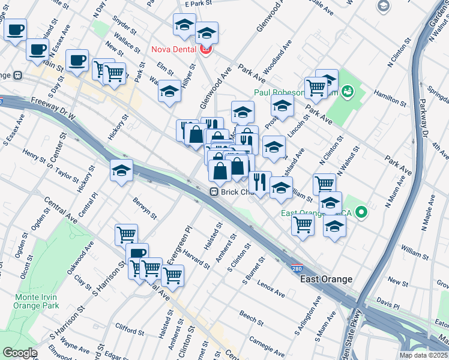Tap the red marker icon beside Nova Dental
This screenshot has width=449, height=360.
click(206, 49)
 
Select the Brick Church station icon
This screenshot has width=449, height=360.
click(213, 191)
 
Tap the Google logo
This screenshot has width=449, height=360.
click(20, 353)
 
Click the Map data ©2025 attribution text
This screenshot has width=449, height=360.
click(423, 355)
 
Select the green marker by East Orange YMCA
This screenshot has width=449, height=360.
click(361, 212)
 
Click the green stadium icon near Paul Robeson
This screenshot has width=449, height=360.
click(347, 92)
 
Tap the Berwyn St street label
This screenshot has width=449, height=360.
click(145, 208)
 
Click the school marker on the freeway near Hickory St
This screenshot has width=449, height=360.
click(121, 171)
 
